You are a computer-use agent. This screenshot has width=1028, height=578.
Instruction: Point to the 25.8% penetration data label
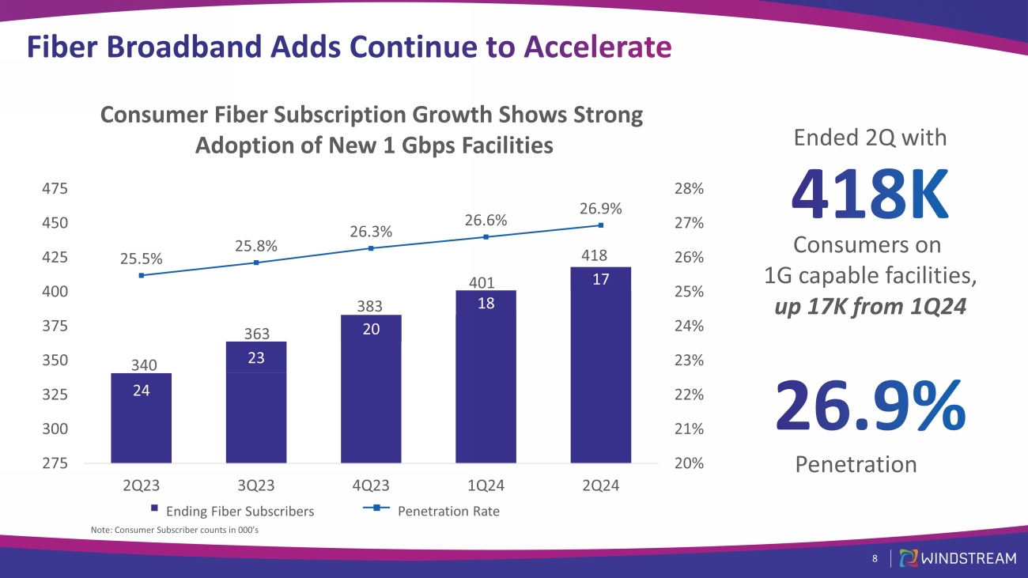click(256, 246)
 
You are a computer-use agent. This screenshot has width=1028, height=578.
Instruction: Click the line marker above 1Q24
click(486, 237)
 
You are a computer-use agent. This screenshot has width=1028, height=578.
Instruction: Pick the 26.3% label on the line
click(371, 232)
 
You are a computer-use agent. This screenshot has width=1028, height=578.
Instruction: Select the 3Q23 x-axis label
click(256, 485)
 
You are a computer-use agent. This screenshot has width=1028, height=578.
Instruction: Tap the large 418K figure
click(870, 195)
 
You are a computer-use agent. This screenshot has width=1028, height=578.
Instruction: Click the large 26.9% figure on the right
click(870, 406)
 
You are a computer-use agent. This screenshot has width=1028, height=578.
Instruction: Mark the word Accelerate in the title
click(598, 47)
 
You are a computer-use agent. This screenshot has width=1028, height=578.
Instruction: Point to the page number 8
click(875, 558)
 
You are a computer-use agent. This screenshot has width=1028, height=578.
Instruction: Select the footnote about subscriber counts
click(175, 530)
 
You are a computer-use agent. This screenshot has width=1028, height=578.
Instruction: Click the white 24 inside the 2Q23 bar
click(141, 391)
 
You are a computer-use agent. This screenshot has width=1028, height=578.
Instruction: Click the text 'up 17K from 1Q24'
click(870, 306)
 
